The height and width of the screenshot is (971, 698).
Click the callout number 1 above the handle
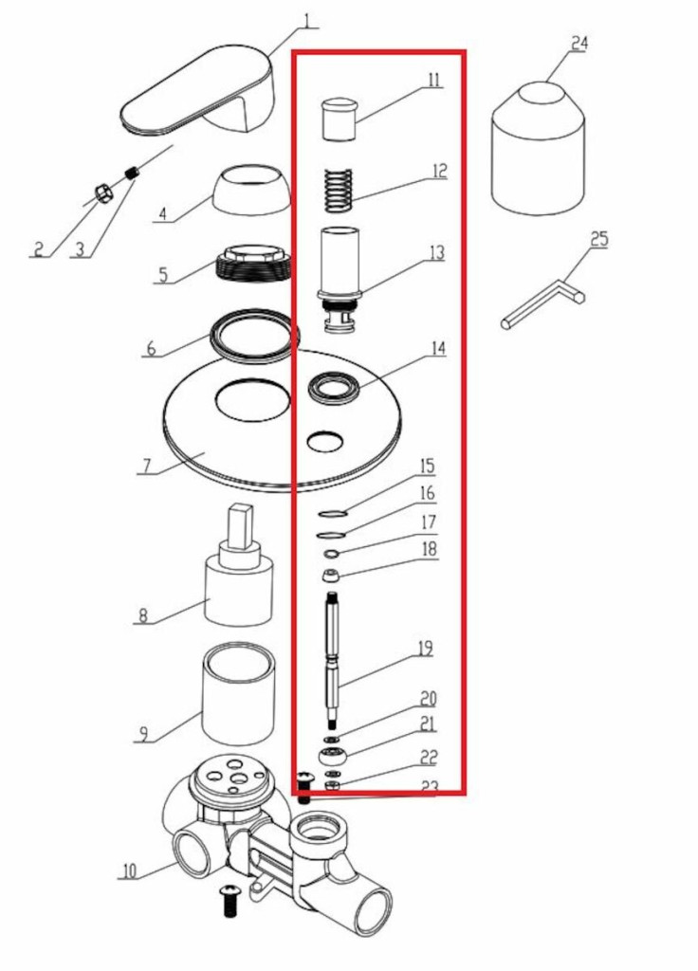click(x=306, y=20)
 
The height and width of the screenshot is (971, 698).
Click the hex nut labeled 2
click(x=102, y=193)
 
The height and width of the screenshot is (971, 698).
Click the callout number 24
click(x=579, y=44)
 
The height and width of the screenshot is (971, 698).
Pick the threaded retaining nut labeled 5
click(x=254, y=264)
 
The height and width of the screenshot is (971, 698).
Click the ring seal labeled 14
click(x=335, y=389)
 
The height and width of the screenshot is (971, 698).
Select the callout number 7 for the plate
click(x=146, y=467)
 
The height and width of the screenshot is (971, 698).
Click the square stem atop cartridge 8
click(x=241, y=525)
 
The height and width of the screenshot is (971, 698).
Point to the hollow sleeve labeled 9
click(x=239, y=693)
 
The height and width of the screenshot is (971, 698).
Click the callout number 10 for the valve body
click(x=128, y=870)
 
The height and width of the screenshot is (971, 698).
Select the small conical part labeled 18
click(x=331, y=576)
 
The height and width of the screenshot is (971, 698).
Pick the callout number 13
click(x=436, y=252)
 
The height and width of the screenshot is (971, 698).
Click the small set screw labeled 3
click(x=131, y=173)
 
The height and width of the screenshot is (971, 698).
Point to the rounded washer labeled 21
click(x=333, y=756)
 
